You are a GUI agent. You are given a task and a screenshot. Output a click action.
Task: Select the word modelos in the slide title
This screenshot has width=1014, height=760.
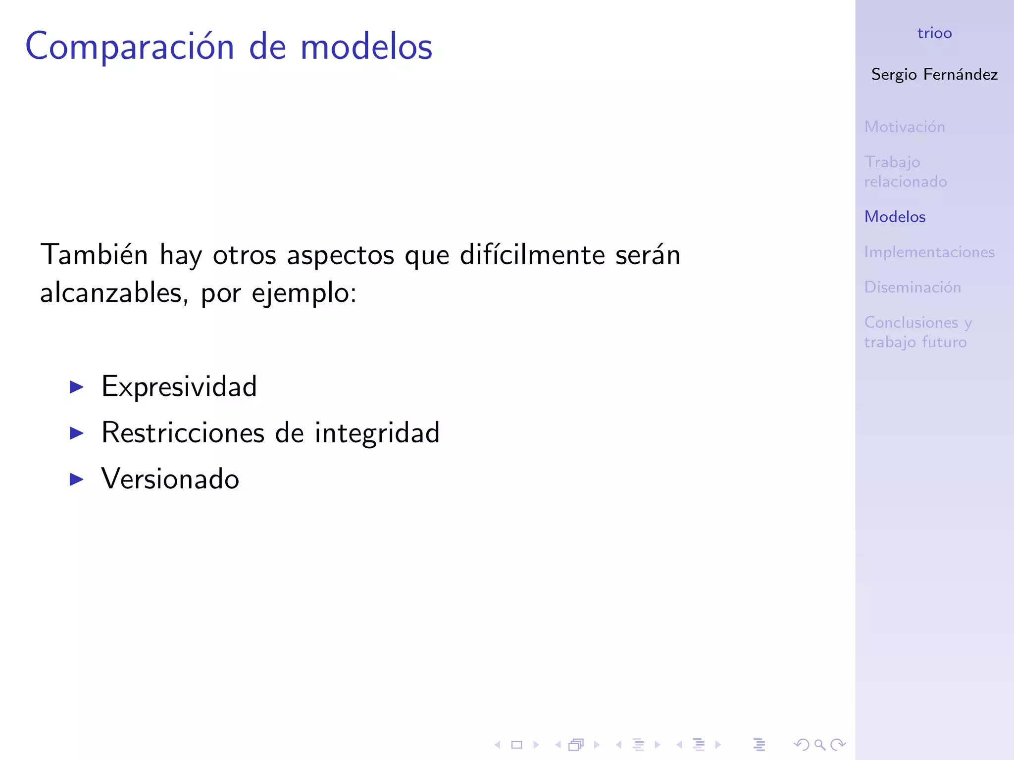coord(366,47)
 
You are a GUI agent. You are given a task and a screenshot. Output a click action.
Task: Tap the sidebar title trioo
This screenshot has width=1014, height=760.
coord(934,33)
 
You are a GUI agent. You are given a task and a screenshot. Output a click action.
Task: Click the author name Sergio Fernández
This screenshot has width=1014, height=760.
coord(934,75)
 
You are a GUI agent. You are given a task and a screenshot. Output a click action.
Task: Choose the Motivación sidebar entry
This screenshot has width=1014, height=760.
coord(905,127)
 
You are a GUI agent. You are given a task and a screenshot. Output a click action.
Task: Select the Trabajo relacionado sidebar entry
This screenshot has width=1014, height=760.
coord(906,172)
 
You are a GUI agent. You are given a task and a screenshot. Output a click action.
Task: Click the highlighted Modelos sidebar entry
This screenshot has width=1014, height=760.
coord(895,217)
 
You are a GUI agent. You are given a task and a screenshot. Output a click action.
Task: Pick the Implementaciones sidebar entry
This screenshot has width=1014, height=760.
coord(929,252)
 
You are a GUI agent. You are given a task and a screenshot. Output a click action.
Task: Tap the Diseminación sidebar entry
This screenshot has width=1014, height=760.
coord(913,287)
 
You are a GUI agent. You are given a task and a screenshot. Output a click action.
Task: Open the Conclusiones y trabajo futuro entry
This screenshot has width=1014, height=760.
coord(918,332)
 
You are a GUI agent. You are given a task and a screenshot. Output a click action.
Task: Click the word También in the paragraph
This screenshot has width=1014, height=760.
coord(94,255)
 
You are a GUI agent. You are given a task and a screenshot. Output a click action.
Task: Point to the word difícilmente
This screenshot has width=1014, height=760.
coord(532,255)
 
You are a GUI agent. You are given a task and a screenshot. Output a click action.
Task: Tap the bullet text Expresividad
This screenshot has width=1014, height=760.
coord(179,387)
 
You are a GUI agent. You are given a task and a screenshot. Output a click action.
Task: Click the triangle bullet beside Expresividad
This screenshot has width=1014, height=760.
coord(76,387)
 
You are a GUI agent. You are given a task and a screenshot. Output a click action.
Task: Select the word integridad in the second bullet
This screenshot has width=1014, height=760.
coord(377,433)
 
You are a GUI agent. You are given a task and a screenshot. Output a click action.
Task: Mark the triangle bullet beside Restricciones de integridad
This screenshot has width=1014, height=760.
coord(76,433)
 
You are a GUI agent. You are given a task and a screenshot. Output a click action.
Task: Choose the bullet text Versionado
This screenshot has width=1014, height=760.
coord(170,479)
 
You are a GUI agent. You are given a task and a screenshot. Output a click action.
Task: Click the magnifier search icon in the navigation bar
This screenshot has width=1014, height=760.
coord(820,745)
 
